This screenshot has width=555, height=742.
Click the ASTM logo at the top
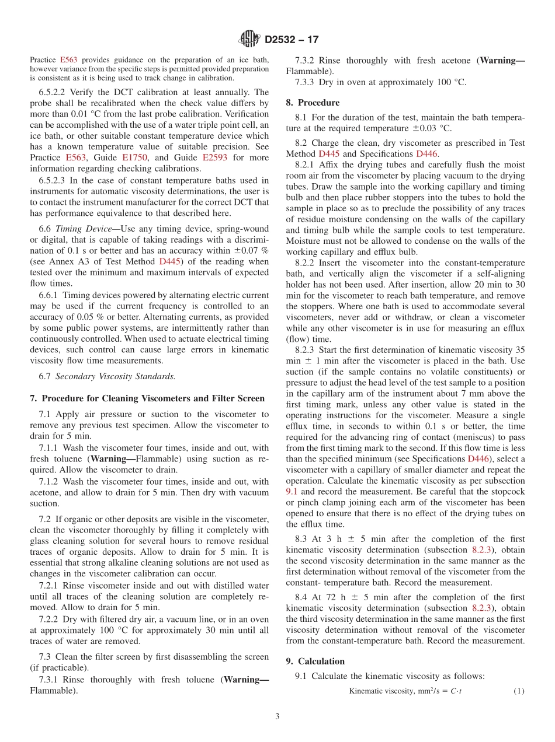249,39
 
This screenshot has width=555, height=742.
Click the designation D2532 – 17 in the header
292,40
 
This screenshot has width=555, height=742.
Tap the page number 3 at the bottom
277,717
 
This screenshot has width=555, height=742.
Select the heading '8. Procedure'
313,103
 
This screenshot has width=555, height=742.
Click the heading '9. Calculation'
315,661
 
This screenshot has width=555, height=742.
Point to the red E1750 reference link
135,157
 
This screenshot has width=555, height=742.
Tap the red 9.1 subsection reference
292,492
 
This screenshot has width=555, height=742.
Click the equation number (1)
519,691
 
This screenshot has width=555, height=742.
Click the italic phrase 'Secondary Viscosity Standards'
115,376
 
